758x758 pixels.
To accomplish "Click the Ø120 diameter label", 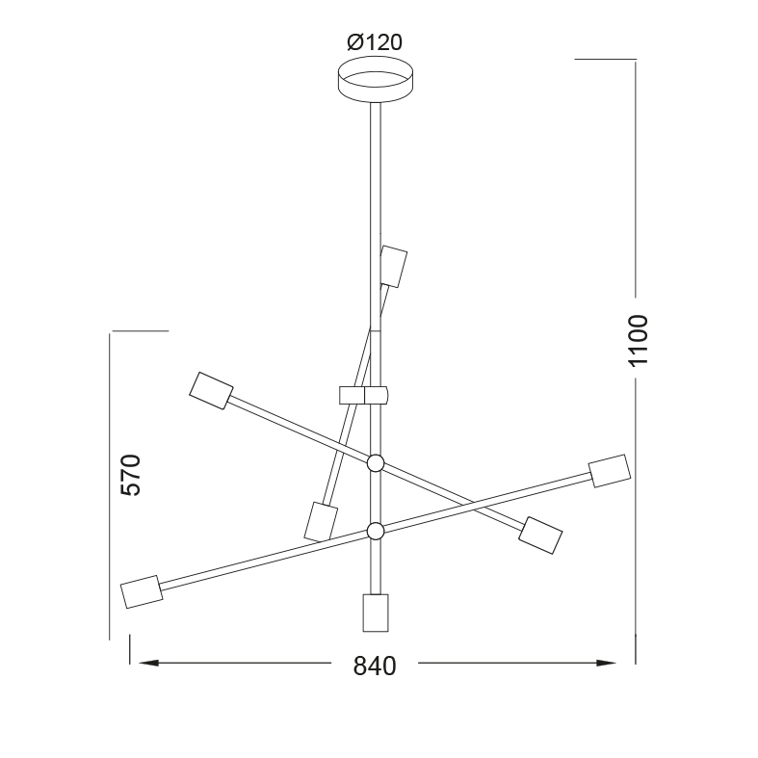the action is (375, 42).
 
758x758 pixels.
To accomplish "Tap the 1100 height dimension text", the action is (638, 340).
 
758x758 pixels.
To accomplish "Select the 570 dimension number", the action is (131, 475).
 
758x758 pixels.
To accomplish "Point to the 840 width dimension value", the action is (375, 667).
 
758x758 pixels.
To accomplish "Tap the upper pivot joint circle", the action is (376, 463).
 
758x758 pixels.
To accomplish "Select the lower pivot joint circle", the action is (376, 531).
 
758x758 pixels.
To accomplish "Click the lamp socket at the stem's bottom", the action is (376, 613).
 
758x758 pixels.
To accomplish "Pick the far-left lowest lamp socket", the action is (142, 591).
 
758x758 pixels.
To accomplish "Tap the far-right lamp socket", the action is (610, 471).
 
